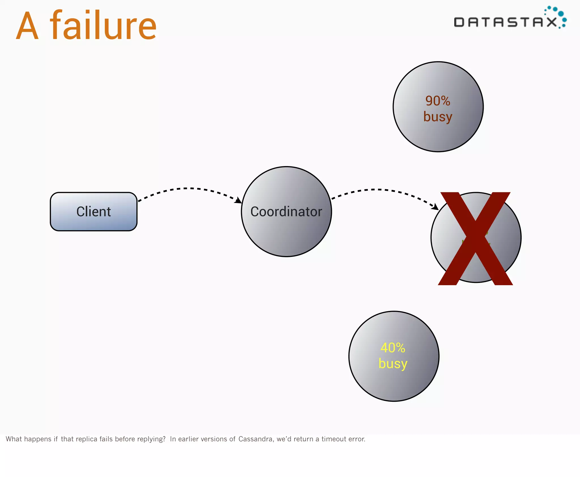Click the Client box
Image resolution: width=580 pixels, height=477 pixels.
(x=93, y=212)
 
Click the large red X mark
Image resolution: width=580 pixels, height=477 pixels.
(x=475, y=238)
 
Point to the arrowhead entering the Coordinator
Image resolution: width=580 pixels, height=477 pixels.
(x=238, y=201)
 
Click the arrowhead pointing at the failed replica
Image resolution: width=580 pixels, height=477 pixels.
(x=435, y=207)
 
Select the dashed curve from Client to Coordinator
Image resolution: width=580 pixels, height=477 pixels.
(x=185, y=188)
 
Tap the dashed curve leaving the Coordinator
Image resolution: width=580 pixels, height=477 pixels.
(x=377, y=190)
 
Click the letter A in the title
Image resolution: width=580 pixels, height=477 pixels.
(x=27, y=26)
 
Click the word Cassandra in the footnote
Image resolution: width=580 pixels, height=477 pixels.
(x=256, y=439)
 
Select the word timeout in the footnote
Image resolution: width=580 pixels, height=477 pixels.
(x=334, y=439)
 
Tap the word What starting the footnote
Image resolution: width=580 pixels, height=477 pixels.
(x=14, y=439)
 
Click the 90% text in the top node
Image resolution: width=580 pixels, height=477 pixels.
(x=438, y=101)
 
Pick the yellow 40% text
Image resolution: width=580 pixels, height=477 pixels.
(x=393, y=348)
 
